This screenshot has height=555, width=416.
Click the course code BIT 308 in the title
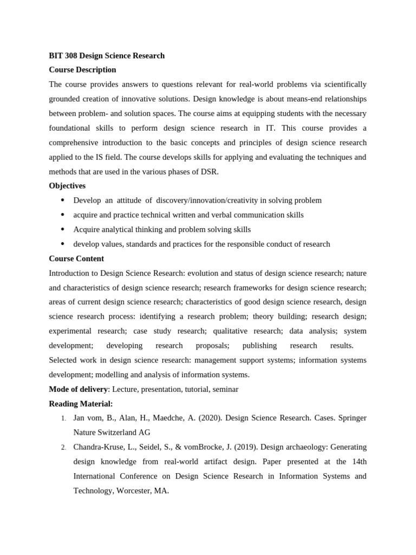pos(63,55)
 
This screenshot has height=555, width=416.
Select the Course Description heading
pos(82,70)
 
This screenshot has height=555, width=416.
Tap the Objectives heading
pos(67,186)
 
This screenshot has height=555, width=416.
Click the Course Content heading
pos(76,259)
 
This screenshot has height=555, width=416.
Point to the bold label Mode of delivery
pos(78,389)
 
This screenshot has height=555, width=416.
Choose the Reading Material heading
pos(81,404)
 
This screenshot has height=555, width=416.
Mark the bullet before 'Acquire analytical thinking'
pos(63,229)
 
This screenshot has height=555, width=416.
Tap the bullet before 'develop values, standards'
pos(63,244)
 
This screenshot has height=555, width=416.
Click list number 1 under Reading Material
pos(63,418)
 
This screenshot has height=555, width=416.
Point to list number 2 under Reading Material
pos(63,448)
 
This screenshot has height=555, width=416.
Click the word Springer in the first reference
pos(352,418)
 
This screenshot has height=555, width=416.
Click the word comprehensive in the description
pos(76,143)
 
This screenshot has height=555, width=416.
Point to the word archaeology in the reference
pos(307,447)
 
